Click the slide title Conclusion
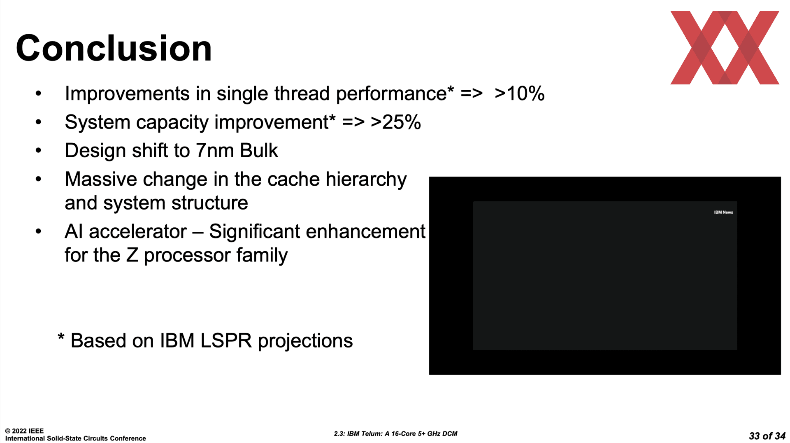(x=114, y=48)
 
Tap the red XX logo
(x=725, y=48)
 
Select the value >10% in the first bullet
(x=520, y=93)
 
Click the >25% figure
(x=396, y=122)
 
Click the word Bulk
(x=259, y=150)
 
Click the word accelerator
(x=138, y=231)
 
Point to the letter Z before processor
(x=132, y=255)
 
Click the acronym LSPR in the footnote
(x=226, y=341)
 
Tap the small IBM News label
(x=723, y=212)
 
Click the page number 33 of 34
(x=767, y=436)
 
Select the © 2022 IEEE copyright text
(x=24, y=431)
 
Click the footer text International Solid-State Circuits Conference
(x=76, y=438)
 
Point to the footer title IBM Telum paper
(x=396, y=434)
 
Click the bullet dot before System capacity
(x=39, y=122)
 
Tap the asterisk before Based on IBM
(x=61, y=337)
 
